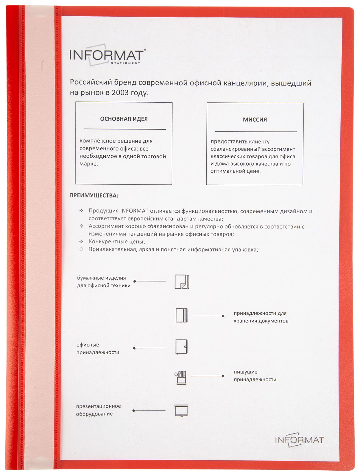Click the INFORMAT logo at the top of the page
coord(107,55)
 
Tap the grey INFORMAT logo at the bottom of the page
coord(299,440)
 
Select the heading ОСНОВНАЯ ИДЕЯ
coord(124,119)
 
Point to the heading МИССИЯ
coord(255,120)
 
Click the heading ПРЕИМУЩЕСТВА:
coord(94,195)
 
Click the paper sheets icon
coord(182,281)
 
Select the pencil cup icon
coord(181,378)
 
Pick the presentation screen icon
coord(181,410)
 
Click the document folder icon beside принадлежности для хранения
coord(182,315)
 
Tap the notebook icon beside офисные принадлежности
coord(181,347)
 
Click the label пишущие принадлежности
coord(255,376)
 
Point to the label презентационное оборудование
coord(98,410)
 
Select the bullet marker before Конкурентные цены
coord(81,241)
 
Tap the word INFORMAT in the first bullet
coord(134,211)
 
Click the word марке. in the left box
coord(88,164)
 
